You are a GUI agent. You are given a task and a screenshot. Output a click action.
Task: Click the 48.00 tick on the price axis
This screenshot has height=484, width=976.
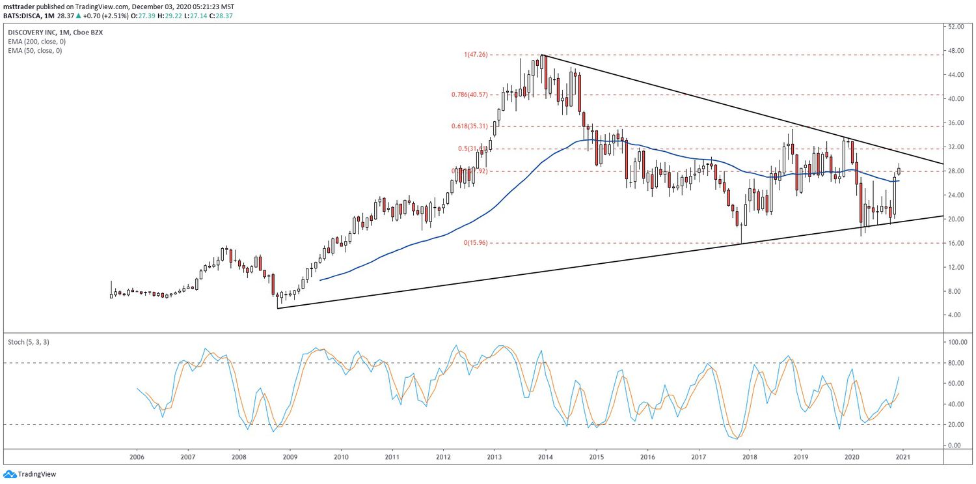pyautogui.click(x=955, y=51)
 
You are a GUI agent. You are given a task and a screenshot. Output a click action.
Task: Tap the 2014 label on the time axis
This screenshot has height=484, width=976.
pyautogui.click(x=545, y=457)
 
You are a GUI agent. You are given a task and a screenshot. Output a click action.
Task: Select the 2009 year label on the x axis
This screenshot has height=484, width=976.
pyautogui.click(x=290, y=457)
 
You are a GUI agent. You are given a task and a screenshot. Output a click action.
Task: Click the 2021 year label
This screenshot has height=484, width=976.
pyautogui.click(x=902, y=457)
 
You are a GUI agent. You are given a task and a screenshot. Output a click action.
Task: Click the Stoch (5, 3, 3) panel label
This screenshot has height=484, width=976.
pyautogui.click(x=29, y=341)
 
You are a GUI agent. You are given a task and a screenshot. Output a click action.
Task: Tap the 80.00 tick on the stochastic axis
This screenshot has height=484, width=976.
pyautogui.click(x=955, y=363)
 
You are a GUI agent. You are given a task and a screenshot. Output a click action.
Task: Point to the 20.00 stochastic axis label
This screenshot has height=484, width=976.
pyautogui.click(x=955, y=425)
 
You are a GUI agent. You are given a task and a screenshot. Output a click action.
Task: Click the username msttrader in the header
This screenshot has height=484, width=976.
pyautogui.click(x=20, y=7)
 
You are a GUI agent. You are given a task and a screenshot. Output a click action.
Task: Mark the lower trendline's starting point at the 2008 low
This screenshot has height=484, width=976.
pyautogui.click(x=278, y=308)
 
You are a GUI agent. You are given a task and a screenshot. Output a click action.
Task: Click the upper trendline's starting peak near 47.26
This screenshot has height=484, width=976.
pyautogui.click(x=543, y=55)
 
